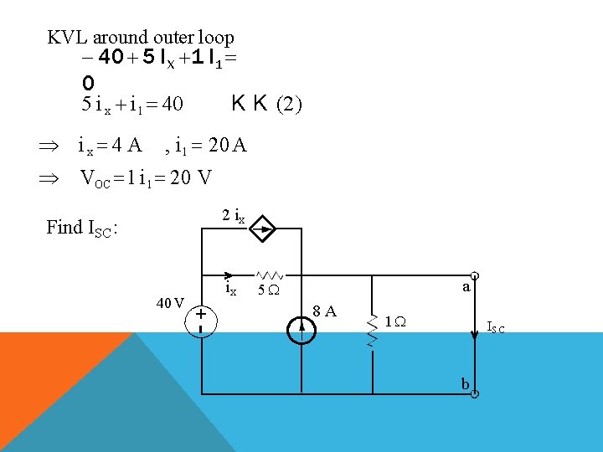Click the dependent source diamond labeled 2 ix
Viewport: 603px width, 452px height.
coord(261,227)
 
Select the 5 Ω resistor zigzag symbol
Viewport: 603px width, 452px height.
coord(270,275)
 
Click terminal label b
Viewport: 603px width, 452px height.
coord(465,383)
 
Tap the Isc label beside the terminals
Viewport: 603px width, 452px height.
coord(496,328)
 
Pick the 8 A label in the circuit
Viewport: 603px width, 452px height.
coord(325,311)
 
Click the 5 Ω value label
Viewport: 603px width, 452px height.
coord(268,291)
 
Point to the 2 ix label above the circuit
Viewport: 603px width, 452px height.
coord(233,215)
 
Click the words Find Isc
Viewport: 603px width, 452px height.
coord(81,227)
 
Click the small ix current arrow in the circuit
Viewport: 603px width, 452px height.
coord(229,275)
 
